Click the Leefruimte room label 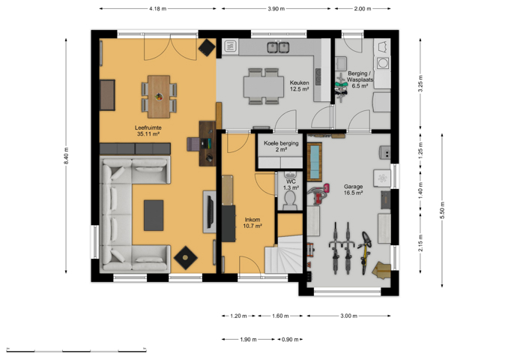(x=148, y=130)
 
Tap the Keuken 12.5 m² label (x=299, y=86)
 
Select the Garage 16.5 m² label (x=353, y=190)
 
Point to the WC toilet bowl (x=289, y=199)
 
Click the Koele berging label (x=281, y=143)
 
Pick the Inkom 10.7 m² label (x=253, y=223)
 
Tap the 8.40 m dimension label (x=66, y=156)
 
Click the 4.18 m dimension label (x=158, y=9)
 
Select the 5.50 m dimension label (x=442, y=210)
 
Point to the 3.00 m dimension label (x=348, y=316)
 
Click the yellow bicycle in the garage (x=365, y=252)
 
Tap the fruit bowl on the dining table (x=159, y=96)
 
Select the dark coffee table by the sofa (x=154, y=215)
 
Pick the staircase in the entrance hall (x=284, y=254)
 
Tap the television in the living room (x=210, y=211)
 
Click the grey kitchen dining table (x=264, y=86)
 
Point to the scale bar (x=76, y=350)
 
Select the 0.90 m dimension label (x=290, y=340)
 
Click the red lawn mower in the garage (x=318, y=193)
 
